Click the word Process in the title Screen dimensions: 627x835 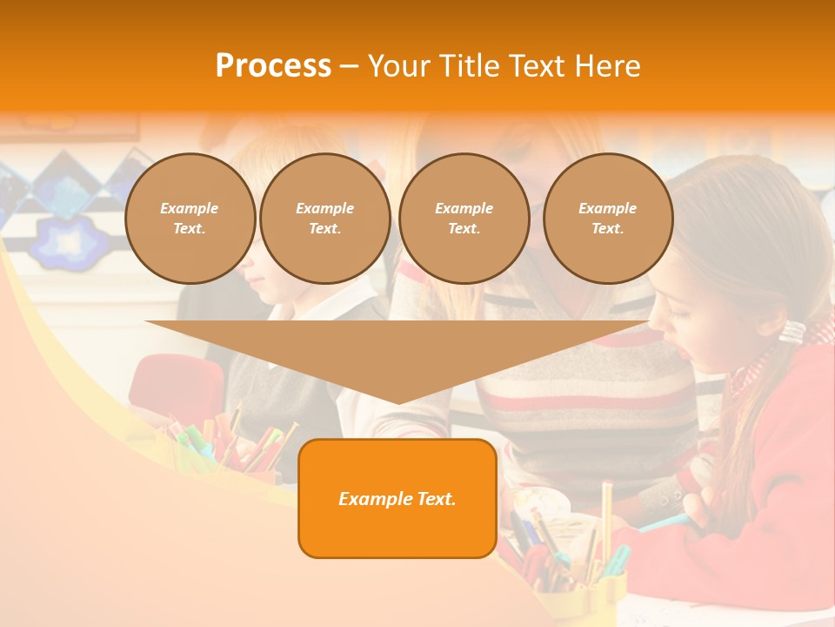(273, 66)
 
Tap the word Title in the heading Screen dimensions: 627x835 (467, 66)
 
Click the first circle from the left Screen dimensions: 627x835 (190, 219)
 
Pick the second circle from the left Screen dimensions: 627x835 (324, 219)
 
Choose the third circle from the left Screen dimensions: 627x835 (464, 219)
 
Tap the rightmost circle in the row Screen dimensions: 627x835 (607, 219)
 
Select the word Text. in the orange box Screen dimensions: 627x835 (436, 499)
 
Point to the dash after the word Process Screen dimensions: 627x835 (349, 66)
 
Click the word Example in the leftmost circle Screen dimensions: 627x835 (190, 208)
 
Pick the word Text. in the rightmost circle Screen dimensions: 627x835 (607, 229)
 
